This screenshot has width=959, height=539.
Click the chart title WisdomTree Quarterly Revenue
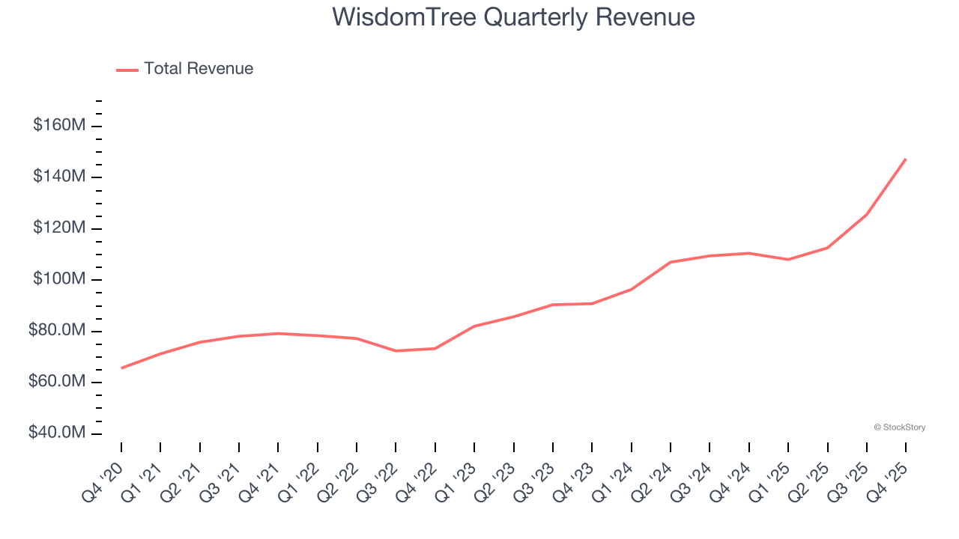[513, 17]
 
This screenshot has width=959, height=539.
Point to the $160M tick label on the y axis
[59, 125]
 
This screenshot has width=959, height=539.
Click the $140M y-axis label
[59, 177]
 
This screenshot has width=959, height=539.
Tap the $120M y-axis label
[59, 228]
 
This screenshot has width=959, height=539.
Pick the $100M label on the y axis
[59, 279]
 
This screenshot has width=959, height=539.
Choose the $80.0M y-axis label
[56, 331]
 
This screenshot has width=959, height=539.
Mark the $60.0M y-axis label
[56, 382]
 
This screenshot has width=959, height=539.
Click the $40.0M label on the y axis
[56, 433]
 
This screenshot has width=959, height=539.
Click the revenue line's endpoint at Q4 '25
[906, 159]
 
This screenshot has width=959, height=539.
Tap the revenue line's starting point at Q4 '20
[121, 368]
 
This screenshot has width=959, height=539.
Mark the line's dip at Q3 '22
[396, 350]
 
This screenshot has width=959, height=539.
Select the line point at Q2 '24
[671, 262]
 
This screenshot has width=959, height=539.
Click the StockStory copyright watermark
[899, 427]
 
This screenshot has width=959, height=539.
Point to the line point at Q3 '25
[867, 214]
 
